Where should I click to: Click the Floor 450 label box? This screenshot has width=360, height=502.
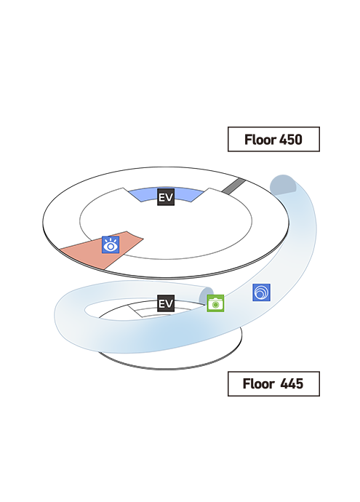[x=273, y=139]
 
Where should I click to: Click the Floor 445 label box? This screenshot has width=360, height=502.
[x=273, y=383]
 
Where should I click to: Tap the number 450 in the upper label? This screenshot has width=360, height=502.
[x=291, y=140]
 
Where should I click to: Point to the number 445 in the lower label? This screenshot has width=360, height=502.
[x=292, y=383]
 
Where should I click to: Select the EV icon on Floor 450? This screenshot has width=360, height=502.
[x=166, y=197]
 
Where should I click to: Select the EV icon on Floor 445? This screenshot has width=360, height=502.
[x=166, y=303]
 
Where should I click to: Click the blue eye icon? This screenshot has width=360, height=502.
[x=111, y=245]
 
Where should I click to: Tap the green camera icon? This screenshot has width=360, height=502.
[x=215, y=303]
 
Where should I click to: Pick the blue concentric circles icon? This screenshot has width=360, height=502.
[x=261, y=292]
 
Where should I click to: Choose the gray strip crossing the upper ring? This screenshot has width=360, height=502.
[x=233, y=186]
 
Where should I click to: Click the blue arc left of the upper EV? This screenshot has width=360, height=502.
[x=143, y=195]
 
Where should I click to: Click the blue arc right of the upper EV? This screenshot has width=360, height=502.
[x=189, y=195]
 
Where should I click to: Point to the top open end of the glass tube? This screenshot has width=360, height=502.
[x=283, y=185]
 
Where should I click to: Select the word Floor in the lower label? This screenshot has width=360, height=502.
[x=259, y=383]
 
